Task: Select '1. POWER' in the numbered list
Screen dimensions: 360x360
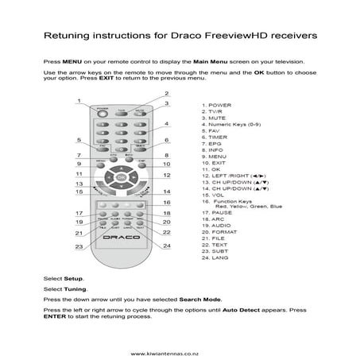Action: [x=217, y=104]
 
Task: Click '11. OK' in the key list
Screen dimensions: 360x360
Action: [x=212, y=169]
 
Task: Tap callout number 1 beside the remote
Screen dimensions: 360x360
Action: [x=79, y=100]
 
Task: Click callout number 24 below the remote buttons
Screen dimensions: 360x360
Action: [x=166, y=246]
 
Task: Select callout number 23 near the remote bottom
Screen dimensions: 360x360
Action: [x=79, y=246]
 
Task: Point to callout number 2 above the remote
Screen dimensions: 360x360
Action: [x=166, y=94]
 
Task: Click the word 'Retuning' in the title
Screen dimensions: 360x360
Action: [x=67, y=36]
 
